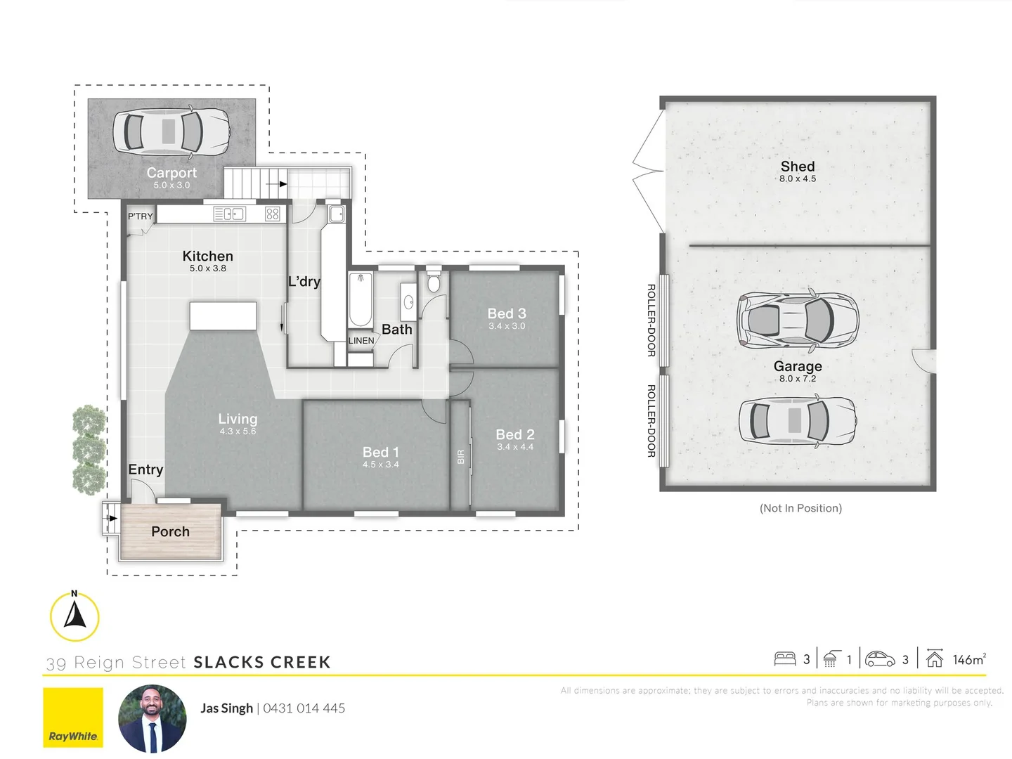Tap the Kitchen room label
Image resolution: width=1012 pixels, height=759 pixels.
point(207,257)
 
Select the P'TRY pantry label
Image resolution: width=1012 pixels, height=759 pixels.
point(140,216)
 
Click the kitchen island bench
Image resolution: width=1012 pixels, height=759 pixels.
point(223,316)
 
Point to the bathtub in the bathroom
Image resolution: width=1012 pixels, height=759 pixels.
point(361,300)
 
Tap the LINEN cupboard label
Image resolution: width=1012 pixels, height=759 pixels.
point(361,341)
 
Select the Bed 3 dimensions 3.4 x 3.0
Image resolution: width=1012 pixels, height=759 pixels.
point(507,326)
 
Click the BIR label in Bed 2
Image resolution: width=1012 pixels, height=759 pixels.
point(461,457)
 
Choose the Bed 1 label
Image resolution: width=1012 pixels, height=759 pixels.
point(380,452)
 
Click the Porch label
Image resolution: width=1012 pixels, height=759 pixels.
point(170,532)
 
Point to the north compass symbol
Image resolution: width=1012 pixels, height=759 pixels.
point(74,616)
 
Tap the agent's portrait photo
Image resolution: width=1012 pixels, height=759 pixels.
point(153,718)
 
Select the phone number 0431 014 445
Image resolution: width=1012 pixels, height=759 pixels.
point(304,708)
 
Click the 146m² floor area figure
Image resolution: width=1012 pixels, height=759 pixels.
point(968,660)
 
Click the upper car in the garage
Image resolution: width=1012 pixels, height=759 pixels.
point(798,320)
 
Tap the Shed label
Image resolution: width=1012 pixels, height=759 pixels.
point(798,167)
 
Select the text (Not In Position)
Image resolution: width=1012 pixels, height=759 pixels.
point(800,508)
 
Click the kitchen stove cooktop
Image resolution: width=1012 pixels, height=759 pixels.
point(273,214)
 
